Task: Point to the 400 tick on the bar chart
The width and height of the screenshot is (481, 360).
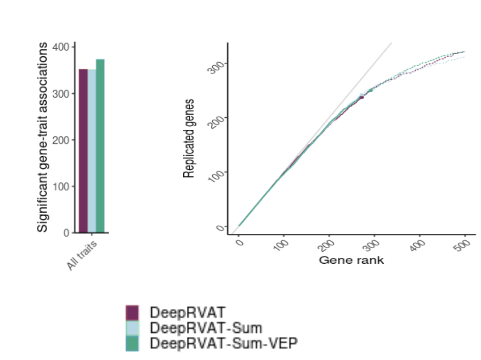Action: click(62, 47)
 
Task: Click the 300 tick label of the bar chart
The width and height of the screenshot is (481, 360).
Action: click(62, 94)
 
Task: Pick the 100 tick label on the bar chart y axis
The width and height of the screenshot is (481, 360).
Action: click(62, 186)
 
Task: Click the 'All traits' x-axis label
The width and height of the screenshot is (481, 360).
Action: click(82, 256)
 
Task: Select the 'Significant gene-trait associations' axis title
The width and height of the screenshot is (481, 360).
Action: click(42, 137)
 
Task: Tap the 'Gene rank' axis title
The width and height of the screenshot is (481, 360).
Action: click(351, 260)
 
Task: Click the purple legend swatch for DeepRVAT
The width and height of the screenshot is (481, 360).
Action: click(133, 312)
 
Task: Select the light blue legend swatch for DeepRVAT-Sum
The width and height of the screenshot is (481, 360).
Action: click(133, 328)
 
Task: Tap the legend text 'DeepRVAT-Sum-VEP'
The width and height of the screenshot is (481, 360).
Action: click(224, 343)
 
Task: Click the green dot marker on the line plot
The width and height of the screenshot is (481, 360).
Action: click(371, 90)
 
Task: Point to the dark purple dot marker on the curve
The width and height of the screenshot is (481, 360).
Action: click(362, 97)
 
